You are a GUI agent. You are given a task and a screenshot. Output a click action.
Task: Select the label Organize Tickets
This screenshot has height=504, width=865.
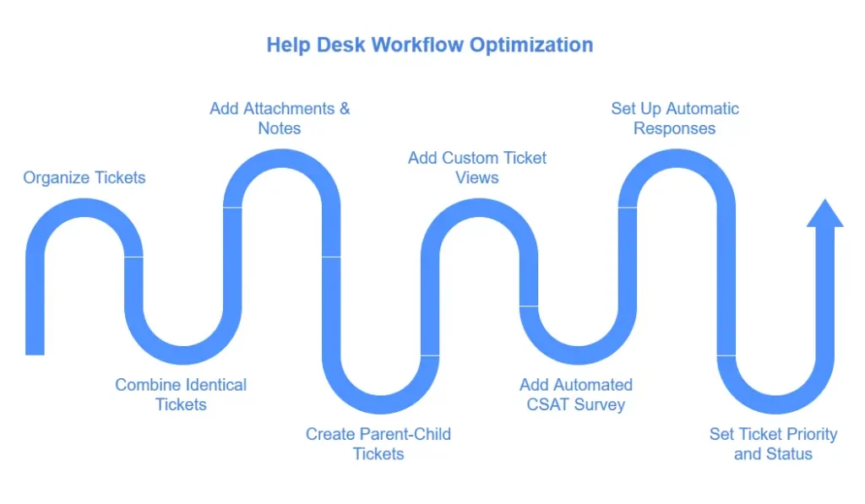[84, 177]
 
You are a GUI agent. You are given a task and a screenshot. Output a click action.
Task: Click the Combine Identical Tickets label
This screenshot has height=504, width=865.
[181, 394]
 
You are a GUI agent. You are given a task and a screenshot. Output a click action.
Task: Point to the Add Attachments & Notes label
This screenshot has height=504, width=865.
[280, 118]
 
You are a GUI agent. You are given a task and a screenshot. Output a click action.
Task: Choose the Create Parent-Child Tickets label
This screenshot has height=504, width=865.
[378, 443]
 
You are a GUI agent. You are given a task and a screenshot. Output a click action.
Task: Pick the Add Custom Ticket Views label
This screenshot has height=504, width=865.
[477, 167]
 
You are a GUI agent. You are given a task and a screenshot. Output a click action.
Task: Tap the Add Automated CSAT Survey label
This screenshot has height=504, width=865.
[576, 394]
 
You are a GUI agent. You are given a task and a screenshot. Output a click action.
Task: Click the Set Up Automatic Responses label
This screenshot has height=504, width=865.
[675, 118]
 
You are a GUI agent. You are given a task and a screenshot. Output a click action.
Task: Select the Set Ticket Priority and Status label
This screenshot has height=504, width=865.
[773, 443]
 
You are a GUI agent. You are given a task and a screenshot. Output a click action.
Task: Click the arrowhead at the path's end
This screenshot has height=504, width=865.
[824, 213]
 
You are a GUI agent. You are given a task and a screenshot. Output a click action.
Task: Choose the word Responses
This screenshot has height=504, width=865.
[675, 128]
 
